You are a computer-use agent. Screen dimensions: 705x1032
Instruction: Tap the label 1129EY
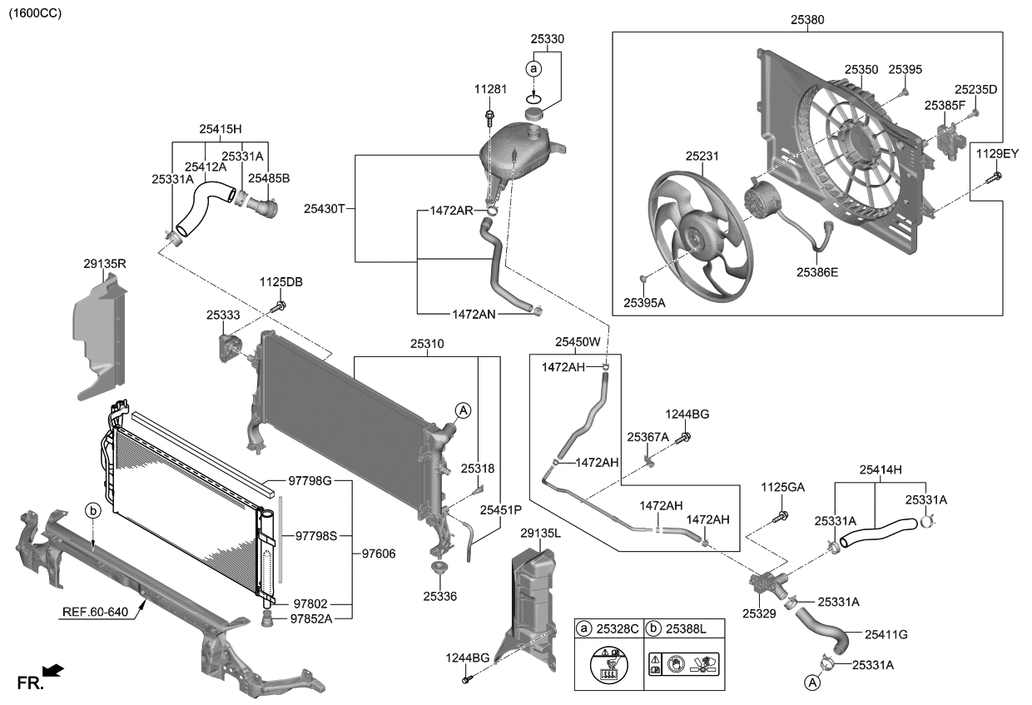pyautogui.click(x=997, y=154)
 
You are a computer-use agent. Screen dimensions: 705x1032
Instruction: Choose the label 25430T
pyautogui.click(x=324, y=208)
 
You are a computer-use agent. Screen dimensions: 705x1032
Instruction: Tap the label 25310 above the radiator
pyautogui.click(x=427, y=342)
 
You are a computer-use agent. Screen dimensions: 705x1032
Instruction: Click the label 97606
pyautogui.click(x=378, y=554)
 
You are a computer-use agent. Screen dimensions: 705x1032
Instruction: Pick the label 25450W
pyautogui.click(x=578, y=342)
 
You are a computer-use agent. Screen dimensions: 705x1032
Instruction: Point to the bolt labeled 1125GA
pyautogui.click(x=782, y=517)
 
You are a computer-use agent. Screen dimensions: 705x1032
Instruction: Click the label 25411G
pyautogui.click(x=886, y=634)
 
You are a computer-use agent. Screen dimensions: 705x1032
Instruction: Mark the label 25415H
pyautogui.click(x=220, y=129)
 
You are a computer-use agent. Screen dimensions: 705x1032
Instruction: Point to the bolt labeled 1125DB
pyautogui.click(x=279, y=308)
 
